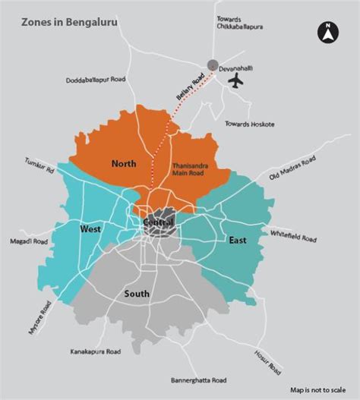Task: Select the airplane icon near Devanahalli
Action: pyautogui.click(x=237, y=79)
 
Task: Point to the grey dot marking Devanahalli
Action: pyautogui.click(x=213, y=65)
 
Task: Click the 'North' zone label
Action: pyautogui.click(x=123, y=164)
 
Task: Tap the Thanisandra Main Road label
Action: pyautogui.click(x=190, y=168)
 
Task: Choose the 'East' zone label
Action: pyautogui.click(x=237, y=240)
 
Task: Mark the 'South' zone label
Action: pyautogui.click(x=138, y=294)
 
